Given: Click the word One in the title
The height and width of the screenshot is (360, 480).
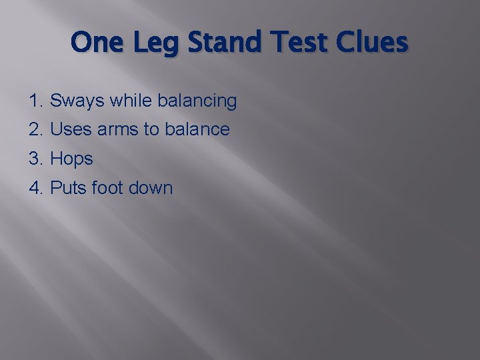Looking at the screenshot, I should pyautogui.click(x=95, y=43).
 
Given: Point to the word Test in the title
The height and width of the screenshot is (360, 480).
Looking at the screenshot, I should pyautogui.click(x=291, y=43).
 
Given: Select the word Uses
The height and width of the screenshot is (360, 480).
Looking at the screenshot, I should pyautogui.click(x=71, y=130).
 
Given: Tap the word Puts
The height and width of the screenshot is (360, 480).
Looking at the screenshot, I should pyautogui.click(x=69, y=188).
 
